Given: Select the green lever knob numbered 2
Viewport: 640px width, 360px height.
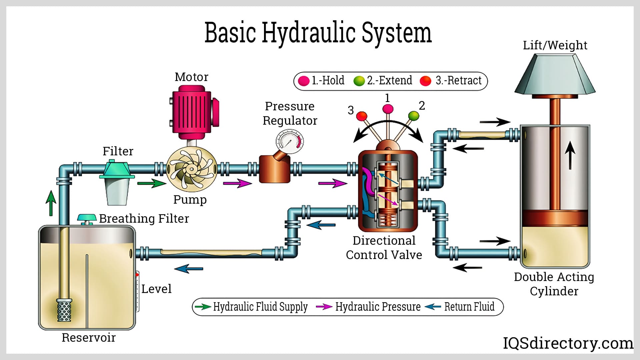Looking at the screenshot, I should [x=414, y=116].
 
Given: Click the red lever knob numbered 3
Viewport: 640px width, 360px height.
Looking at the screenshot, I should [x=361, y=116].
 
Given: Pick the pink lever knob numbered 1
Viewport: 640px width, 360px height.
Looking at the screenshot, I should [x=388, y=109].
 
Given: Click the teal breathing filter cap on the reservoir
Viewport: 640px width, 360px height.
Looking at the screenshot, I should [x=87, y=218].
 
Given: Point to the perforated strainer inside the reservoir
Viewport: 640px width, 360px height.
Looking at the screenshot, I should [x=64, y=310].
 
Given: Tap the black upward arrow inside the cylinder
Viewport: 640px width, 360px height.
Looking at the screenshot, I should [x=570, y=155].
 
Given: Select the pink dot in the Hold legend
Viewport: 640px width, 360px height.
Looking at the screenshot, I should [x=304, y=81].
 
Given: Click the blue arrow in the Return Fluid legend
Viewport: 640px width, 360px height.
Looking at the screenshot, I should [x=433, y=307].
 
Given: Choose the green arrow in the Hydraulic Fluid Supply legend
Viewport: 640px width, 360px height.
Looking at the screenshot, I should [x=203, y=307].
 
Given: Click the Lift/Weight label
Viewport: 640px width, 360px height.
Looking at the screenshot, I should [x=555, y=45].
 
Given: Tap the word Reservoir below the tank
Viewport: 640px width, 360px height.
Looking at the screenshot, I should [x=89, y=338].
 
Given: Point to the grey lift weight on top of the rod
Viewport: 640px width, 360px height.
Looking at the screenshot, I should [x=555, y=75].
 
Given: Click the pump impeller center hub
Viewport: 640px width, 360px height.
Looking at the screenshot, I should [x=191, y=169].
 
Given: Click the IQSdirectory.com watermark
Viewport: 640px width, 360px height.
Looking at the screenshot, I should [x=568, y=343].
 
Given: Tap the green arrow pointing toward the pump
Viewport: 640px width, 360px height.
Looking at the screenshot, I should [x=151, y=183].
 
